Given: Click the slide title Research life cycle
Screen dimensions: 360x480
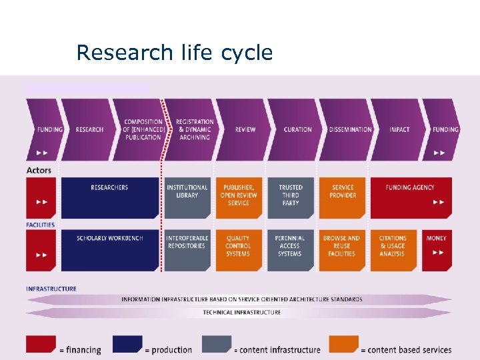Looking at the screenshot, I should coord(175,53).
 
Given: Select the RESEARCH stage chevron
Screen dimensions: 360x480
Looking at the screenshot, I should coord(89,129).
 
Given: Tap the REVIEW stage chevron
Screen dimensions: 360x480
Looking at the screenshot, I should coord(245,129).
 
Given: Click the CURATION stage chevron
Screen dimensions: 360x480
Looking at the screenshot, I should coord(297,129).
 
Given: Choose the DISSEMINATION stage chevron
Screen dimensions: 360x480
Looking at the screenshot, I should coord(349,129).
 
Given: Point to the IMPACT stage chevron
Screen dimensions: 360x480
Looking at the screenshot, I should coord(399,129).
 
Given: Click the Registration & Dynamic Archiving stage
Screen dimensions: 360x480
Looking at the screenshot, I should coord(194,129).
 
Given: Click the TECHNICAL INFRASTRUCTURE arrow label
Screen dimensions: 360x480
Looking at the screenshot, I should coord(241,312).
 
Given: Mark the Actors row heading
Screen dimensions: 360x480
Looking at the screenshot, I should coord(39,170).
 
